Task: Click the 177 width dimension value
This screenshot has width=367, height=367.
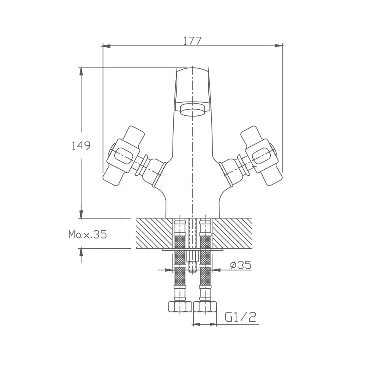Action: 192,40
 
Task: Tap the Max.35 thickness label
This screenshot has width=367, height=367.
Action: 87,234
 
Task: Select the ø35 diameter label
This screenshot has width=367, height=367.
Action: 240,265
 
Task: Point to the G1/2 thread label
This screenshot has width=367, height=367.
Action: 240,317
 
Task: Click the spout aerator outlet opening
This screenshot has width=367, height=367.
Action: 192,111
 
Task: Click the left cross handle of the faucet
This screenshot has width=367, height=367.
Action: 122,155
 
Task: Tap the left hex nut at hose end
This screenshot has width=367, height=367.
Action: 179,306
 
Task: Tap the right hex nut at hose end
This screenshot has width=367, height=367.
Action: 205,306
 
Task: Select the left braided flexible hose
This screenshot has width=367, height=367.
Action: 179,261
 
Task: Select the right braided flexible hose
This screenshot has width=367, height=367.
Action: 205,261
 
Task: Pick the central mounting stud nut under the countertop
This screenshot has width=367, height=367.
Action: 192,257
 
